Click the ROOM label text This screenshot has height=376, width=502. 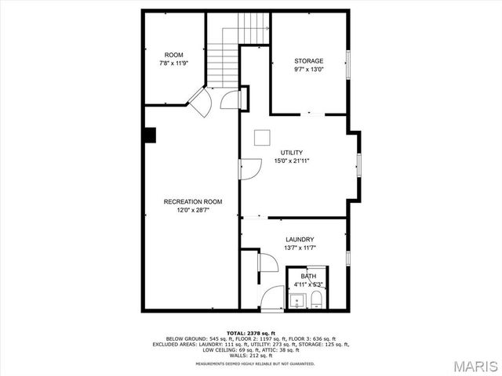[x=174, y=55]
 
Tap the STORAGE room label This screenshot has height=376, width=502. [x=308, y=61]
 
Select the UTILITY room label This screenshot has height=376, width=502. [x=292, y=153]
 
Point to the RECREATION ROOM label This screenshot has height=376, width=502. [x=193, y=201]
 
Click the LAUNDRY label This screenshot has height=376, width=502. [x=300, y=240]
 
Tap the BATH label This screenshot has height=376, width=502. [x=308, y=277]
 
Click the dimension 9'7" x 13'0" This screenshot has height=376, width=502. [x=308, y=70]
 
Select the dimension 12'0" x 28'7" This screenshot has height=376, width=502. [x=193, y=210]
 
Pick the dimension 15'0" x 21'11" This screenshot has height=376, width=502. [x=292, y=161]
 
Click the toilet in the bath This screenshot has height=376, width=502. [x=315, y=301]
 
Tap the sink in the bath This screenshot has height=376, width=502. [x=297, y=301]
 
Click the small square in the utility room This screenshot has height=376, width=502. [x=261, y=137]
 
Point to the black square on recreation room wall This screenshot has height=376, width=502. [x=150, y=135]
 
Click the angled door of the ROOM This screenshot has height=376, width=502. [x=198, y=102]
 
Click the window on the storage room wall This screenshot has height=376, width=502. [x=349, y=62]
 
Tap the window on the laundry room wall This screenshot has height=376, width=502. [x=348, y=256]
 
